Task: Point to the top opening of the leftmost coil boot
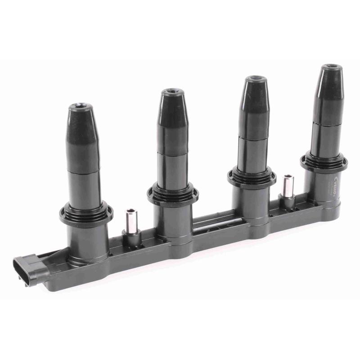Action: [x=80, y=108]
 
